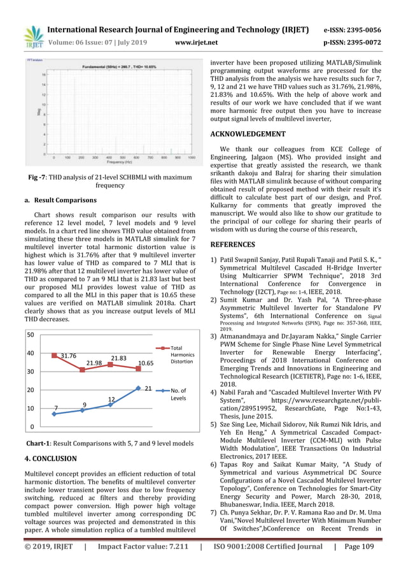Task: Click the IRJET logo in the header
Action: pos(32,37)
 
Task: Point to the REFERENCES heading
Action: pos(233,244)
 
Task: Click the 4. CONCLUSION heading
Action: pos(50,458)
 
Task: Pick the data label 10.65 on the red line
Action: pos(146,362)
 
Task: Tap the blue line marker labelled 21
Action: pos(138,388)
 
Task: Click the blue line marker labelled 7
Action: pos(54,414)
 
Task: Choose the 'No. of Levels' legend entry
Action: pos(180,393)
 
